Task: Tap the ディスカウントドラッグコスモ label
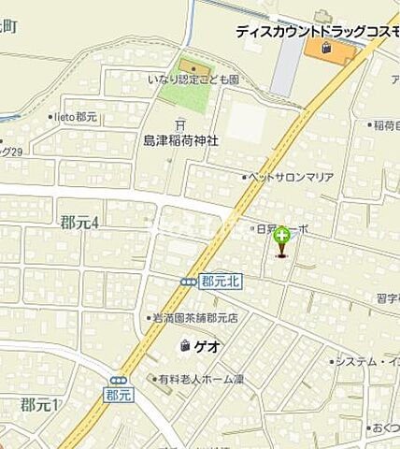(x=317, y=31)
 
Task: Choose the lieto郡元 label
(x=76, y=118)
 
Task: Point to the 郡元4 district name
(x=79, y=223)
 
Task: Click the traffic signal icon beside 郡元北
(x=189, y=282)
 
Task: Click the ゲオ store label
(x=208, y=346)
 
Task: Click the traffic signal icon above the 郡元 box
(x=119, y=380)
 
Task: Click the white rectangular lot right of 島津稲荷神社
(x=246, y=122)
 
